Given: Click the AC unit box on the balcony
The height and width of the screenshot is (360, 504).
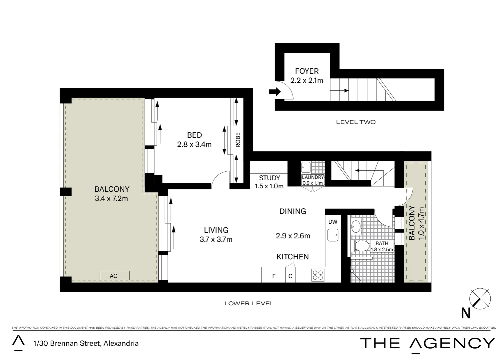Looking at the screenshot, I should [x=114, y=275].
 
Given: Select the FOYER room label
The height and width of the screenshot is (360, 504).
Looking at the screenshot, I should [x=307, y=71].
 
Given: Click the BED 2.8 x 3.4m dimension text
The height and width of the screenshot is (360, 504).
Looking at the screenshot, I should [x=194, y=144].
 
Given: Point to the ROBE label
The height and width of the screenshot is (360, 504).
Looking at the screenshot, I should [x=238, y=140].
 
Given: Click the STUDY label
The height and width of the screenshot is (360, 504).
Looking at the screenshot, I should [x=269, y=178].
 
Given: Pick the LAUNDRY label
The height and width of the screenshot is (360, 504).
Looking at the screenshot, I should [x=312, y=177].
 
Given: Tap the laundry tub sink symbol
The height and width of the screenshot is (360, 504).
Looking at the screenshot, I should [x=305, y=166].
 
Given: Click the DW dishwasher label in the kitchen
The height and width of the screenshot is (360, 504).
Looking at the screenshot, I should [x=332, y=222].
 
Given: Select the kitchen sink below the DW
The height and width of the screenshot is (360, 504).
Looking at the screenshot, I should [x=332, y=235].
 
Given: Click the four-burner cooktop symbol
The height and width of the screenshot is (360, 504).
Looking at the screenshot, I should [x=318, y=275].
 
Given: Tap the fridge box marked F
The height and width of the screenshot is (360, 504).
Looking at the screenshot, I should [x=273, y=276].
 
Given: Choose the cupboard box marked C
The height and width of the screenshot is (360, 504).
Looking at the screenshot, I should [x=290, y=276].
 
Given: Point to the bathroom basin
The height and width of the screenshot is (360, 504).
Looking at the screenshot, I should [x=356, y=227].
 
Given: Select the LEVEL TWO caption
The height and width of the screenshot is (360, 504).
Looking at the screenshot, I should [x=355, y=122].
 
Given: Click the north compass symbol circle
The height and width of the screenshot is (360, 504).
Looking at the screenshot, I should [x=480, y=298].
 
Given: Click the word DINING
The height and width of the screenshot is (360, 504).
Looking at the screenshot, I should [x=292, y=211].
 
